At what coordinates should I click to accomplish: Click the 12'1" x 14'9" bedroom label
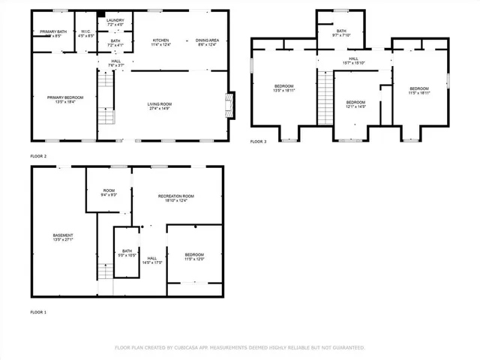pos(355,104)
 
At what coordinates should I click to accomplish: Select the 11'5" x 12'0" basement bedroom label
pos(194,255)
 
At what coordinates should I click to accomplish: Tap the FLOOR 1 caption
pos(38,311)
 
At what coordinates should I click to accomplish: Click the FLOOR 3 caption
pos(258,141)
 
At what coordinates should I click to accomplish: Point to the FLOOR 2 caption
pos(38,156)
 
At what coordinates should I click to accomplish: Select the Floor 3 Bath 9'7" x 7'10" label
pos(341,33)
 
